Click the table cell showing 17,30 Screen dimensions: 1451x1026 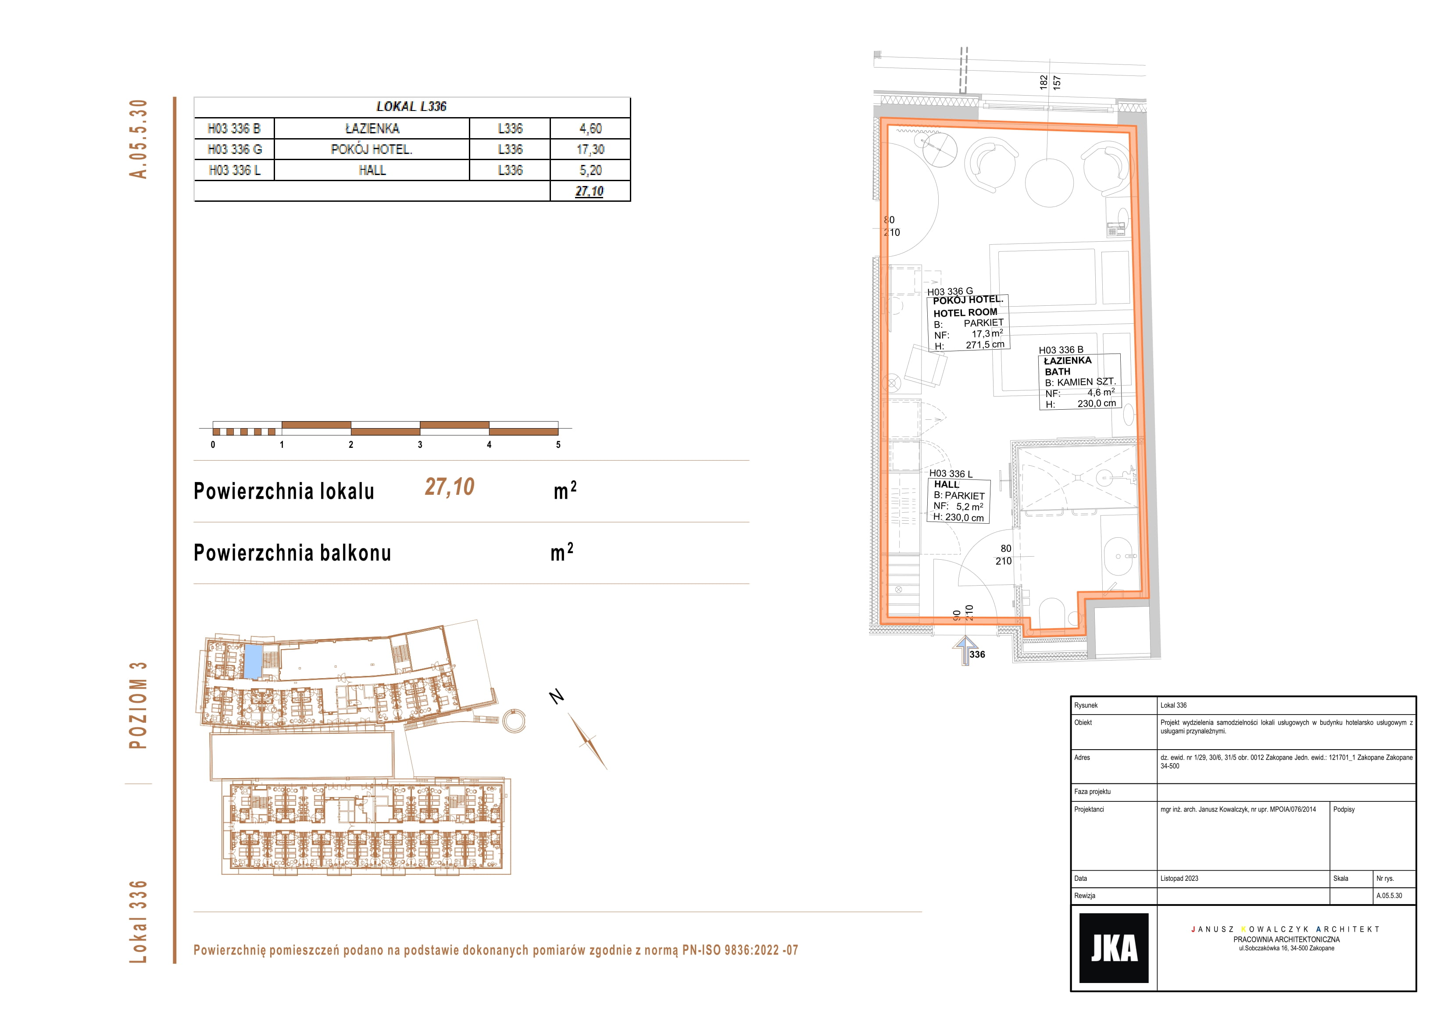(x=590, y=149)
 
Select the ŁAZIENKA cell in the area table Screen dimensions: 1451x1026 (x=372, y=129)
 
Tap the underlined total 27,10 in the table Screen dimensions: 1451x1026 (x=590, y=191)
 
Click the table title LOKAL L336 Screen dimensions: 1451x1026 (x=411, y=106)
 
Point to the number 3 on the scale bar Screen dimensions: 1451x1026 (x=420, y=444)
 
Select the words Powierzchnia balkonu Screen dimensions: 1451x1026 (x=292, y=553)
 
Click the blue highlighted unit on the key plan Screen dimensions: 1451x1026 (x=252, y=661)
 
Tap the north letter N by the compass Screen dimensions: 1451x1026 (x=556, y=696)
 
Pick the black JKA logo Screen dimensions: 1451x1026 (x=1114, y=947)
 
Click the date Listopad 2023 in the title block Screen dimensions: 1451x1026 (x=1179, y=878)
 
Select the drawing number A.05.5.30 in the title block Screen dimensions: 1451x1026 (x=1389, y=896)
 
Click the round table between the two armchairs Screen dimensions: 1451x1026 (x=1049, y=182)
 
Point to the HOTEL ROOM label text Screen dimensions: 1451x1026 (x=965, y=312)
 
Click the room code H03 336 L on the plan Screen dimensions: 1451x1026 (x=951, y=473)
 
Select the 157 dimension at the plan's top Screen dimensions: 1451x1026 (x=1057, y=82)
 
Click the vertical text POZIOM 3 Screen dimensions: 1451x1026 (x=138, y=705)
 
